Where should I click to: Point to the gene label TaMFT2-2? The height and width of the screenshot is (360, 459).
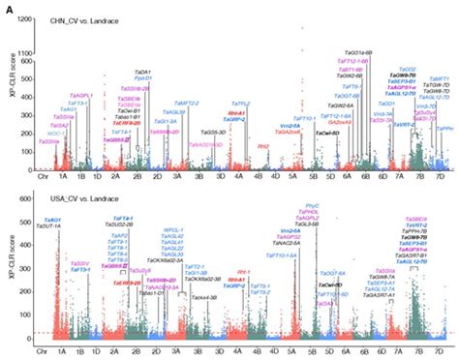tap(186, 102)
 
